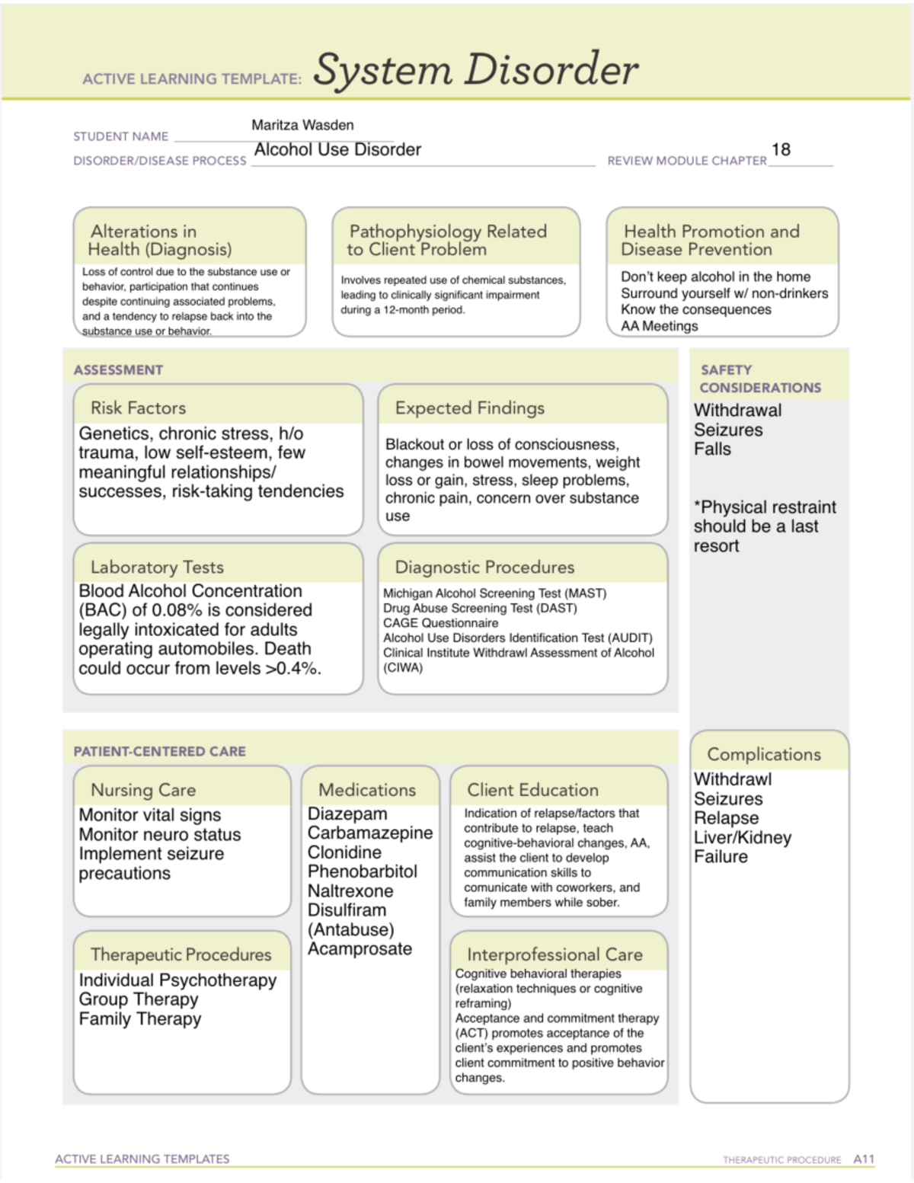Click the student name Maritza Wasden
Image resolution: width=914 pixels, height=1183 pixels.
point(302,125)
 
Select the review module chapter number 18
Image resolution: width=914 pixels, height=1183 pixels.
point(781,149)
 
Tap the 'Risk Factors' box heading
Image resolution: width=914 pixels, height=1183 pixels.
point(138,408)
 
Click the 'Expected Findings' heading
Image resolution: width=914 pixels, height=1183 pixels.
point(469,408)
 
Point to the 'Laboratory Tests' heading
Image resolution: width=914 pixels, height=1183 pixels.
point(157,568)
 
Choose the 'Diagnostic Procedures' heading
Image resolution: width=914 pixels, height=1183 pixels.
point(484,568)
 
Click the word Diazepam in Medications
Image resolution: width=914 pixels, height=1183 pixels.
point(347,814)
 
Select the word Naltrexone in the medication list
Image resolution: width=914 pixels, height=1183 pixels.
point(350,891)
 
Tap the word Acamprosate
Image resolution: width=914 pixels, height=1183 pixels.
point(360,949)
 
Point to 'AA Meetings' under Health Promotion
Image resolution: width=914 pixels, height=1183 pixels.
point(659,326)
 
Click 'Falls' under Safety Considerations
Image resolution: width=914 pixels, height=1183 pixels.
point(712,449)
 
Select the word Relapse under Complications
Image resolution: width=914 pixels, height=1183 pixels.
point(726,818)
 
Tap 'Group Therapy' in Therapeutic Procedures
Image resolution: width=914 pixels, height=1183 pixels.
point(139,999)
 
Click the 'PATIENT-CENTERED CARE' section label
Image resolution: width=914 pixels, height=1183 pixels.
point(159,752)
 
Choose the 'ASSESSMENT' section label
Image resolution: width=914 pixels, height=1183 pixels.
point(118,370)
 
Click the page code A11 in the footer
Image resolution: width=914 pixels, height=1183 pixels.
point(864,1159)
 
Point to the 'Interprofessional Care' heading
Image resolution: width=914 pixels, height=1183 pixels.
point(554,954)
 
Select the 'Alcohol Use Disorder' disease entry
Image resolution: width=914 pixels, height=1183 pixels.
point(337,150)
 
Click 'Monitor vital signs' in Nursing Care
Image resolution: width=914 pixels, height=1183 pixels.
point(150,815)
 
